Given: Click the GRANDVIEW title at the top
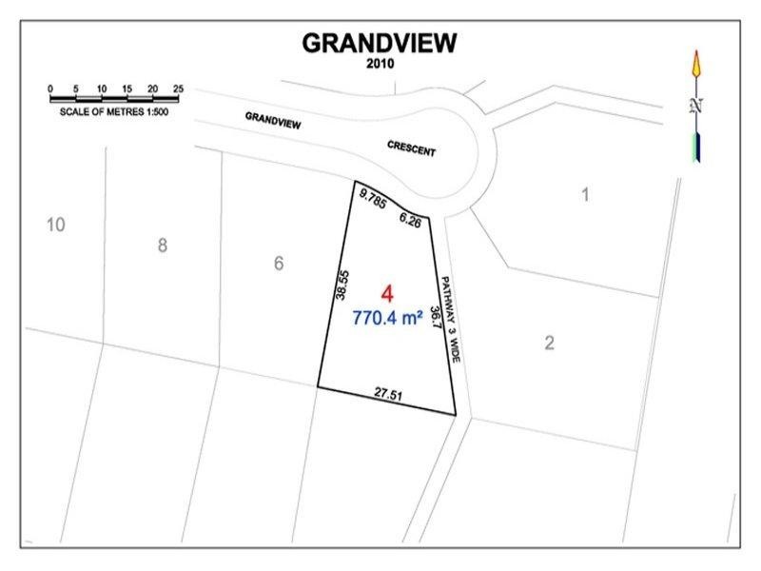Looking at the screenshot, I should click(380, 43).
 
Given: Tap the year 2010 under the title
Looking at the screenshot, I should click(380, 64).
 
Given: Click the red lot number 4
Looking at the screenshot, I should click(386, 293).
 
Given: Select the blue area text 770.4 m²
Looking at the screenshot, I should click(387, 320).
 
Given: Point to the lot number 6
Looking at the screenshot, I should click(279, 264).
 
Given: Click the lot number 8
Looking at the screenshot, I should click(163, 246).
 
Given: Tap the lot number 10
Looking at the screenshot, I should click(55, 225).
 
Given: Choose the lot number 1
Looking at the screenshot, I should click(586, 195).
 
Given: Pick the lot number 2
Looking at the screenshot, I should click(549, 343).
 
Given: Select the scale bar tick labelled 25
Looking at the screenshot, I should click(178, 89).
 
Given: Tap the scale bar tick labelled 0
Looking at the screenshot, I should click(49, 89).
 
